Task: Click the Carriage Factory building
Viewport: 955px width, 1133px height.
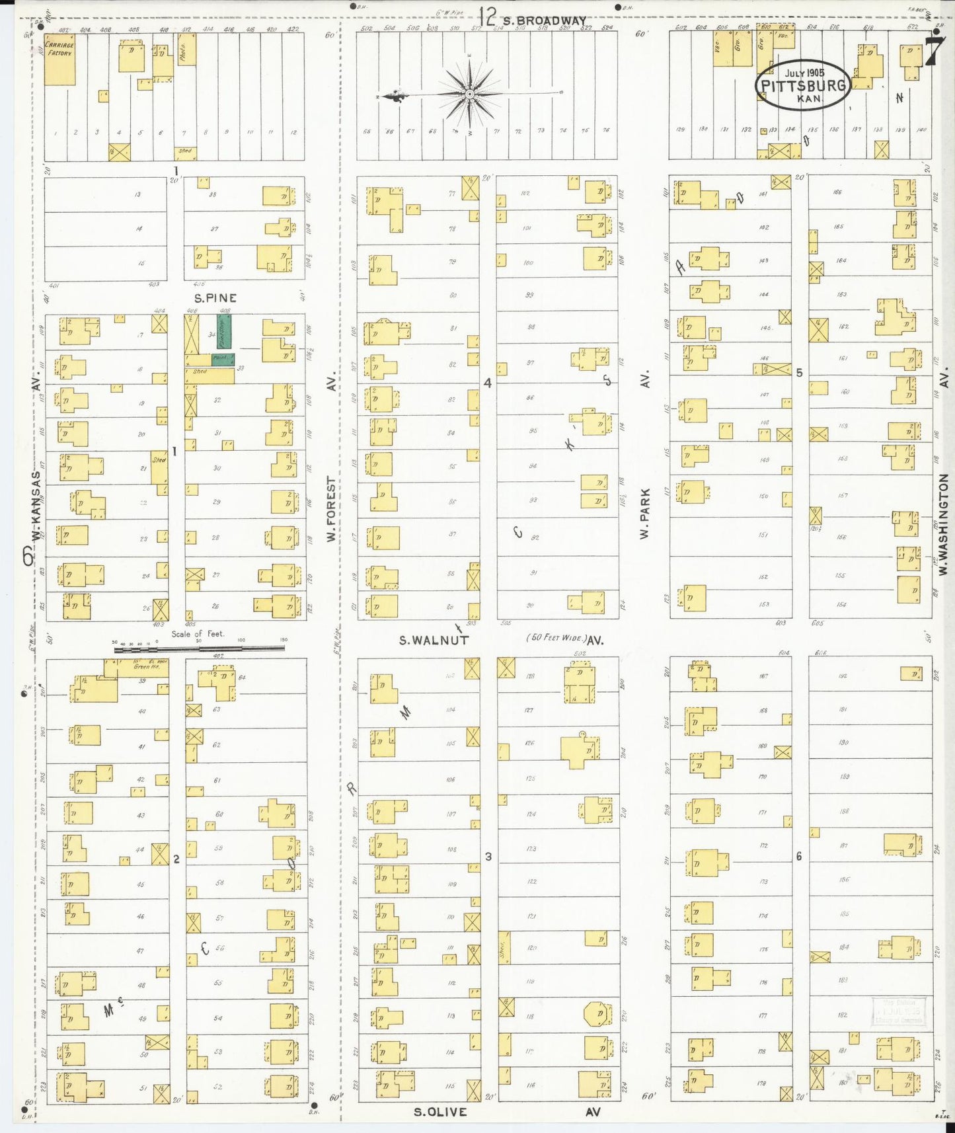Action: pyautogui.click(x=59, y=59)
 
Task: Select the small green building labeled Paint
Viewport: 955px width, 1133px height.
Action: pyautogui.click(x=223, y=359)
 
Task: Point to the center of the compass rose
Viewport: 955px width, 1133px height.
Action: pyautogui.click(x=469, y=95)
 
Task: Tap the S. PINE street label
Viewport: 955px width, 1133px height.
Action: pyautogui.click(x=215, y=298)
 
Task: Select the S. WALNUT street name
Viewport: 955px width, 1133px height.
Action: pyautogui.click(x=434, y=640)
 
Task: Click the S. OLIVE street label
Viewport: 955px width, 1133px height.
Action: pyautogui.click(x=440, y=1112)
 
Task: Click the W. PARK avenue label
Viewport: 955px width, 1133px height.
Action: pyautogui.click(x=645, y=512)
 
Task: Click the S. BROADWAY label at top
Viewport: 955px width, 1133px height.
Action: pyautogui.click(x=543, y=20)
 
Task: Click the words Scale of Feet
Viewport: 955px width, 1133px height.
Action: pyautogui.click(x=198, y=633)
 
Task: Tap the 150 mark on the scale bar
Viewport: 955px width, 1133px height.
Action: pyautogui.click(x=284, y=641)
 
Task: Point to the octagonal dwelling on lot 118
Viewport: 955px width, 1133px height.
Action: pyautogui.click(x=597, y=1013)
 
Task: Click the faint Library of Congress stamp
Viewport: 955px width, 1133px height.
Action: pyautogui.click(x=899, y=1011)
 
